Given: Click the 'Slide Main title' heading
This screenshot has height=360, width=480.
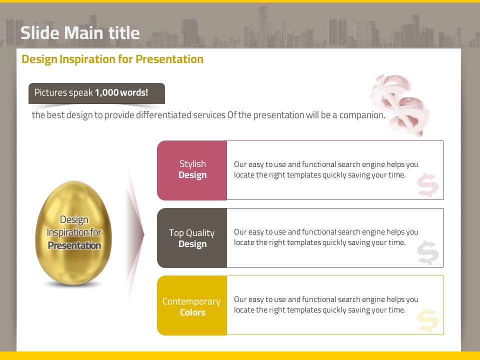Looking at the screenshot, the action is point(80,33).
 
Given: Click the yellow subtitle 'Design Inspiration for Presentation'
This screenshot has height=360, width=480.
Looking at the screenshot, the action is point(112,59).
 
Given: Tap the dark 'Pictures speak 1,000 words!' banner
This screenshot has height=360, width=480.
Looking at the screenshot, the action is point(96,93).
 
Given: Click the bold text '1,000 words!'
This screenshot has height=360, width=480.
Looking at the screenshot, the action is point(121,92).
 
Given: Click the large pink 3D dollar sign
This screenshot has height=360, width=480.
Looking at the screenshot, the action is point(400,104).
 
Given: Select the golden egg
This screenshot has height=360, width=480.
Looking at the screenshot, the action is point(73,233).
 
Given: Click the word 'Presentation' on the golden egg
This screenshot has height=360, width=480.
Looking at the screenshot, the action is point(74,245).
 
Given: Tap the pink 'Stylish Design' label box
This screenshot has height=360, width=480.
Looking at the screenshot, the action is point(192,170).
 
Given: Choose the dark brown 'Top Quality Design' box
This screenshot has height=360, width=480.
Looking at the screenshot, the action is point(192,238).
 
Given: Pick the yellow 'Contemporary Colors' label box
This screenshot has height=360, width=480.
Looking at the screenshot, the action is point(192,305).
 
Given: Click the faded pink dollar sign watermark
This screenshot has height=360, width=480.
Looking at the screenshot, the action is point(427,185).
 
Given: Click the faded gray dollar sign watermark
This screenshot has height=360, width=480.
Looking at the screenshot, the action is point(427,252).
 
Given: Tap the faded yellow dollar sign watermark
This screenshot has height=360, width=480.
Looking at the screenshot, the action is point(427,320).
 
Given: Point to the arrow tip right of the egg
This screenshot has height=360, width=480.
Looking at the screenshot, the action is point(143,234).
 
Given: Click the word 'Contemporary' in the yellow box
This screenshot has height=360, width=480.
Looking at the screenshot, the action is point(191,301).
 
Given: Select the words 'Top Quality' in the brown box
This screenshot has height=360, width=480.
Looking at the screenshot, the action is point(191,233).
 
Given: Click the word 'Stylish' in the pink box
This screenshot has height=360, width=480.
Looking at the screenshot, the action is point(192,164).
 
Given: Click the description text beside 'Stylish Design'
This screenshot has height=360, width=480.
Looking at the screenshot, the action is point(326,169).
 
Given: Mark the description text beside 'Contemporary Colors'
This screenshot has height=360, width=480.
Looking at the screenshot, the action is point(326,304).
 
